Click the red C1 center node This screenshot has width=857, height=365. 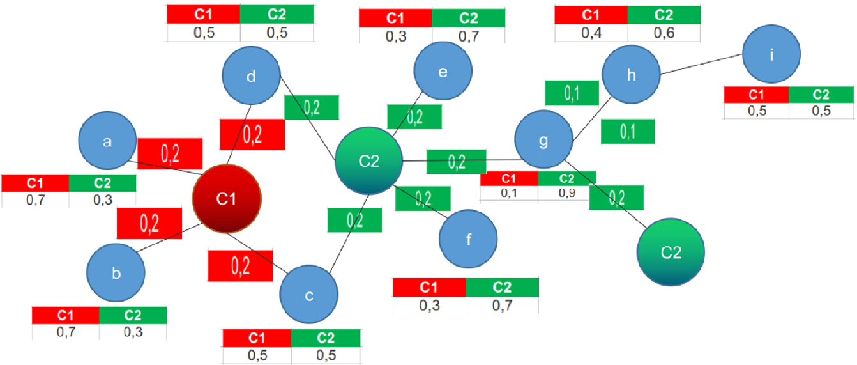[x=227, y=199]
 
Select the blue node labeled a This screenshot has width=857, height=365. [x=107, y=143]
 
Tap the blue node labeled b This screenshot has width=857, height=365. [x=116, y=274]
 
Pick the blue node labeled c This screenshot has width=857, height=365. [x=309, y=295]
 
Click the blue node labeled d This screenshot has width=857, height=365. [x=252, y=77]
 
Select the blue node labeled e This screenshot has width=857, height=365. [x=443, y=72]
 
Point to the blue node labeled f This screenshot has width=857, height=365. [x=468, y=240]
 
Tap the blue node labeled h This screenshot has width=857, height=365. [x=632, y=75]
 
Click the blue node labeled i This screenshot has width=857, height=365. [x=771, y=56]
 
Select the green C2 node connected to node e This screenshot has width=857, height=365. [x=369, y=161]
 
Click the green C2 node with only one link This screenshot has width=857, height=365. [x=671, y=252]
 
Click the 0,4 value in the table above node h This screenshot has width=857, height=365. [x=591, y=33]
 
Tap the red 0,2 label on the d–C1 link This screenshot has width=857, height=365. [x=252, y=134]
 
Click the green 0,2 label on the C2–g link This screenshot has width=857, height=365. [x=456, y=161]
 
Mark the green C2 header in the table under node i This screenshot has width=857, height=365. [x=821, y=95]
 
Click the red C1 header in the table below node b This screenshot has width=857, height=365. [x=66, y=315]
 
